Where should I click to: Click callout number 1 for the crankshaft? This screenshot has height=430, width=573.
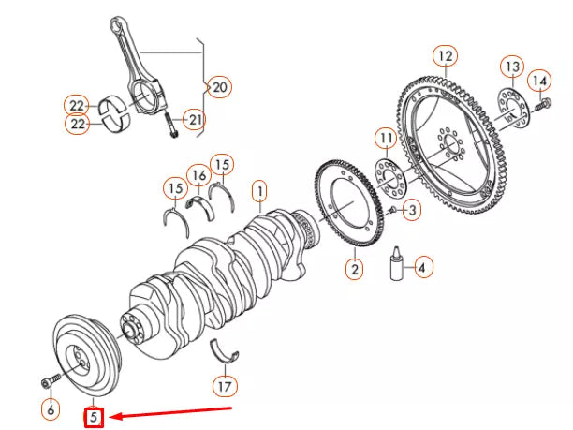[259, 193]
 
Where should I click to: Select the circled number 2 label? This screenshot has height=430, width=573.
[354, 270]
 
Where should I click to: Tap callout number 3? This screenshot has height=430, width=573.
[411, 211]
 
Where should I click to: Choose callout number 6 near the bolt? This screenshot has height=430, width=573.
[51, 408]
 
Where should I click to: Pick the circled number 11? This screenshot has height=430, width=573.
[386, 141]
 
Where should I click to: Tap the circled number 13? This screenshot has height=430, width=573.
[510, 67]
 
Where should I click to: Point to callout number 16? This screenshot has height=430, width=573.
[198, 175]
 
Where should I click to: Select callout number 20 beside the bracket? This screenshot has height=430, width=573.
[218, 87]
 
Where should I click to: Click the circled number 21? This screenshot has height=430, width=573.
[193, 118]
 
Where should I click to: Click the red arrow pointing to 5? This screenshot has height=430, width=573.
[178, 411]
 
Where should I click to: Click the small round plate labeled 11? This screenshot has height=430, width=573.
[387, 174]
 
